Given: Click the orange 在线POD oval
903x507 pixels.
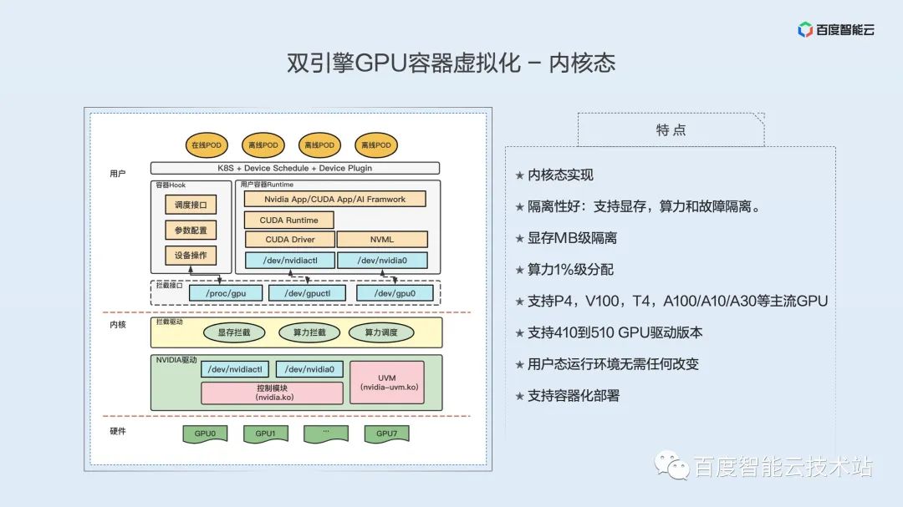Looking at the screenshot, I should point(205,144).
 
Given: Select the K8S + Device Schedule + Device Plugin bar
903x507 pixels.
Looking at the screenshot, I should point(294,168).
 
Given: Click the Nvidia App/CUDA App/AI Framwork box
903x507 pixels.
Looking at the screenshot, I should point(334,199).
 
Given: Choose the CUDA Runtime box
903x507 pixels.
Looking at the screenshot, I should point(288,220).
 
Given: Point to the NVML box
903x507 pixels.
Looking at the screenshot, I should point(381,240).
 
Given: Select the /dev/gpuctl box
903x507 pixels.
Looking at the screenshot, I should point(301,292).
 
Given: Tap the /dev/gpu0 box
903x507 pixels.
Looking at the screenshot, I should point(395,292).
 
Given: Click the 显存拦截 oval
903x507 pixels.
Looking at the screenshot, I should point(233,332).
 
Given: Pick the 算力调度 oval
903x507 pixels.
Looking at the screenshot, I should point(381,332).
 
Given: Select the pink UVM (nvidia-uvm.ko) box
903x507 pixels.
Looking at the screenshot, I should point(386,383).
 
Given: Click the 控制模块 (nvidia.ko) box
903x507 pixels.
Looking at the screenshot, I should point(272,393).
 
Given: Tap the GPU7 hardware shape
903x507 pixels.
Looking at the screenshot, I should point(385,433).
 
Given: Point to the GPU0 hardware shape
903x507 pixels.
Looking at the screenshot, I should point(205,433).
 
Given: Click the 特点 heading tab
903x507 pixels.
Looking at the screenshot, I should point(671,129).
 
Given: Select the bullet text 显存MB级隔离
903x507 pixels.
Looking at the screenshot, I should point(572,238).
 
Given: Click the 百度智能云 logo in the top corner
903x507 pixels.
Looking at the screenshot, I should point(835,30).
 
